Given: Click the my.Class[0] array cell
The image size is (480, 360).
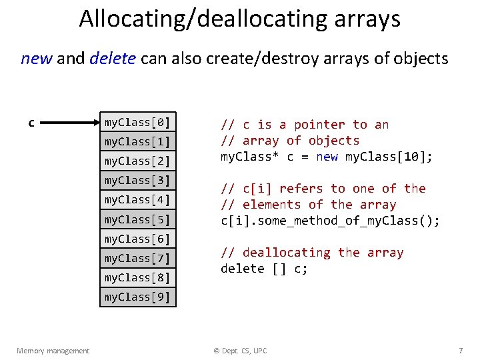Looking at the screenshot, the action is click(x=137, y=122).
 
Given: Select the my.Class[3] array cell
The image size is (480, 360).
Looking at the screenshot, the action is click(x=137, y=181).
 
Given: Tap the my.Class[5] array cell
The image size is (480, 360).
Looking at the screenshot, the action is click(x=137, y=219).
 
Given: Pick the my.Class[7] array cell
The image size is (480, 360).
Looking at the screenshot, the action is click(x=137, y=258).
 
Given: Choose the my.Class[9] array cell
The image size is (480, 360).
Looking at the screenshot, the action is click(x=137, y=297).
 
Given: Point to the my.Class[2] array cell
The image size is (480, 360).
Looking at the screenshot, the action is click(x=137, y=161).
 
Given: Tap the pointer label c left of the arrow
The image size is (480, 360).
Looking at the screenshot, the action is click(x=31, y=123).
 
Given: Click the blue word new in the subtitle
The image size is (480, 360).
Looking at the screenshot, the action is click(x=37, y=59).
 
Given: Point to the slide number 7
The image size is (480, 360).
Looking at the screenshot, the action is click(x=460, y=351).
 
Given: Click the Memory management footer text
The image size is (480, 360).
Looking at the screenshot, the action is click(x=53, y=351).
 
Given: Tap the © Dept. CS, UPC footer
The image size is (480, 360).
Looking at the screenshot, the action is click(x=240, y=351).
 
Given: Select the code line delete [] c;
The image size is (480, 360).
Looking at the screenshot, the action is click(x=264, y=269).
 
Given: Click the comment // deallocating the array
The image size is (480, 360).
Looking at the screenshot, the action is click(x=312, y=253).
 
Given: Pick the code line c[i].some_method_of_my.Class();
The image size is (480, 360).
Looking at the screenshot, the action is click(x=330, y=221).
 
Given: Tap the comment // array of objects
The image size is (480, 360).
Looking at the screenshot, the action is click(x=290, y=141).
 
